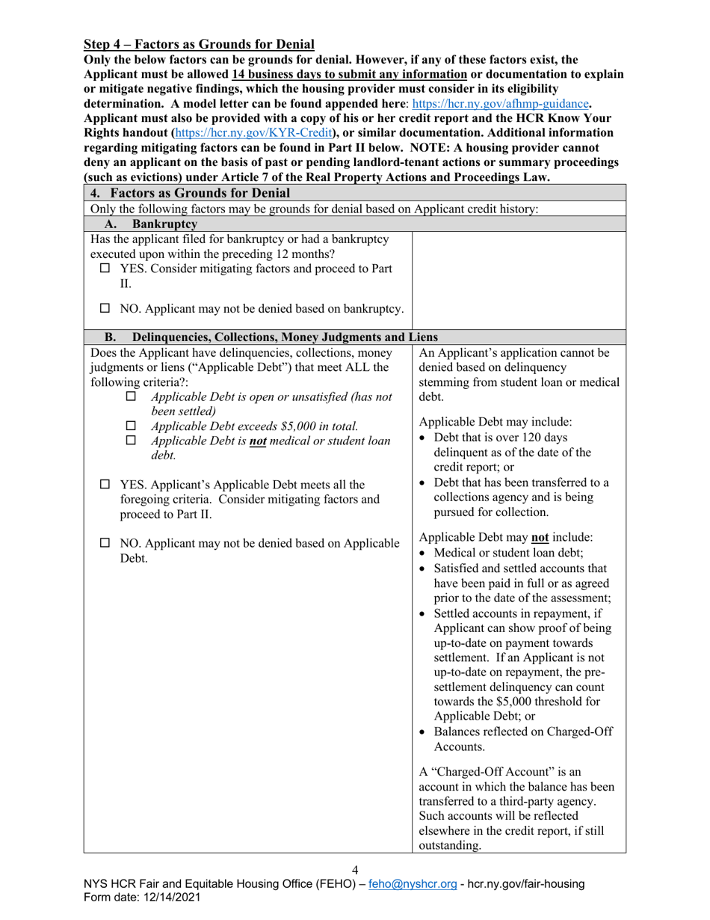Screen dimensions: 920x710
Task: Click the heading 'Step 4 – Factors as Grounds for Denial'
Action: coord(199,45)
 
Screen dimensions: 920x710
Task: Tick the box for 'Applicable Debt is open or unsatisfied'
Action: coord(132,396)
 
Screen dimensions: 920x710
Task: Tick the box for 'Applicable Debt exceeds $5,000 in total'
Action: coord(132,426)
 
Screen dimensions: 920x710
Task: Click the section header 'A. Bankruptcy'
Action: coord(151,224)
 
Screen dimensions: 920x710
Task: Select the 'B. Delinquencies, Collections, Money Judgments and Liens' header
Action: coord(271,337)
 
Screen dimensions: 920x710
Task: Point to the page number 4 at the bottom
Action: coord(355,870)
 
